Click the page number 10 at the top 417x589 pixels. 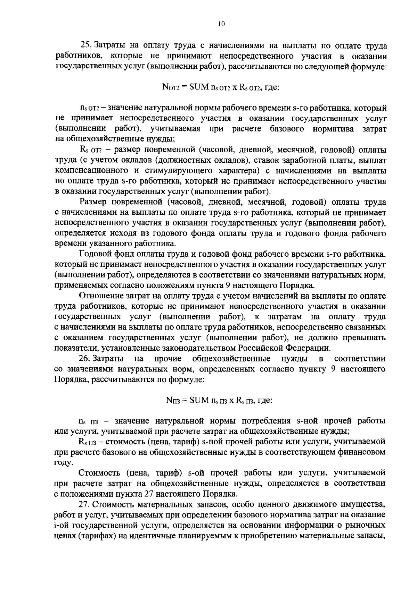point(222,24)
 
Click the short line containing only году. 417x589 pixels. point(64,463)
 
